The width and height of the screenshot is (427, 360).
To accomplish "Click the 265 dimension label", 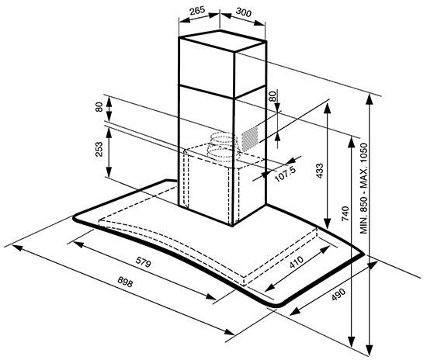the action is coord(197,10).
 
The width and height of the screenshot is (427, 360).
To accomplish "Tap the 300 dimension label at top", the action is coord(244,12).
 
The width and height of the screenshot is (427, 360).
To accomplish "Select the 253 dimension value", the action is coord(99,150).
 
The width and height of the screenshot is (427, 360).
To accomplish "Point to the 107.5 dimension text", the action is coord(285,174).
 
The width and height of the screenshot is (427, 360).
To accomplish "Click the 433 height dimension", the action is coord(320,171).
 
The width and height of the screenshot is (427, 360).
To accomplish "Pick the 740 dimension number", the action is coord(345,213).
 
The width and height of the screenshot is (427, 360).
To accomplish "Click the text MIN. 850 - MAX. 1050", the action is coord(364,189).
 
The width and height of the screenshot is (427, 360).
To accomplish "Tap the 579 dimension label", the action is coord(144,262).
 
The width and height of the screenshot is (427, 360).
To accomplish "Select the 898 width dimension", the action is coord(125,282).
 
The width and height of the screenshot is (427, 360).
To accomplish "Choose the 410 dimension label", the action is coord(296,261).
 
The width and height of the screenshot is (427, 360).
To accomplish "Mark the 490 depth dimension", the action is coord(338,294).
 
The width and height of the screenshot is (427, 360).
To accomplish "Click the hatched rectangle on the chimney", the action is coord(250,139).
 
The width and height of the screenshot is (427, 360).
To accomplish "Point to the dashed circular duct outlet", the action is coord(224,147).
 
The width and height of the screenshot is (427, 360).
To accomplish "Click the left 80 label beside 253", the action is coord(99,107).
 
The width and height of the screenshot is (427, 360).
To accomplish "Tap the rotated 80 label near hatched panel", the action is coord(273,96).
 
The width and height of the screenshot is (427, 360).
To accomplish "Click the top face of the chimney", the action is coord(223,40).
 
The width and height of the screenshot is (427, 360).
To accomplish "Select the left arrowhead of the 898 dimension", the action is coord(17,247).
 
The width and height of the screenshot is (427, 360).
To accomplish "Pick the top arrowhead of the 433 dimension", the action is coord(328,109).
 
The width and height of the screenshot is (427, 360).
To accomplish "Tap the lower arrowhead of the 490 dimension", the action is coord(295,311).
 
